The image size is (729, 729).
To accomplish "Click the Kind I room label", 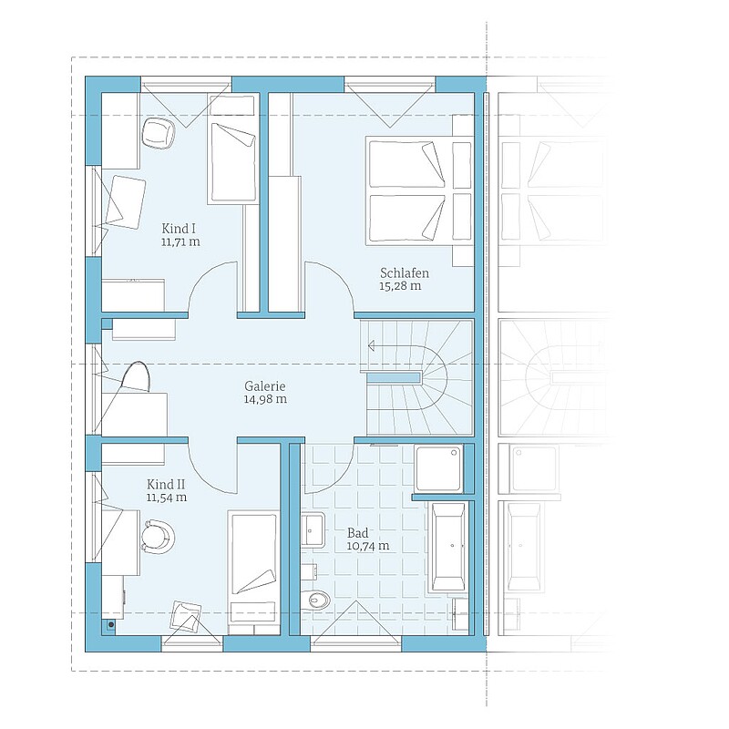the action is click(x=179, y=229).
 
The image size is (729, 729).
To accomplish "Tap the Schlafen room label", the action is click(x=405, y=272).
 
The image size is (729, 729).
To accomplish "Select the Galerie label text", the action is click(x=265, y=385).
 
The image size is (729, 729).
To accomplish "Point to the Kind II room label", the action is click(x=166, y=485).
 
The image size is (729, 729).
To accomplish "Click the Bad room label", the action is click(x=357, y=533).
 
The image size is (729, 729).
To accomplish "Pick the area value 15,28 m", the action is click(x=400, y=286).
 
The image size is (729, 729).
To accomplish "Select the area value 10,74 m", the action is click(x=368, y=546).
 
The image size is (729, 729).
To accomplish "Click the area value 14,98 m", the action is click(x=265, y=399).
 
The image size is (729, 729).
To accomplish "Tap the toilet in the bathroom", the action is click(x=315, y=600).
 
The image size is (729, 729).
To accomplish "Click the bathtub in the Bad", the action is click(x=448, y=547).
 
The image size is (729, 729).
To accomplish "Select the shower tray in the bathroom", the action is click(x=439, y=468).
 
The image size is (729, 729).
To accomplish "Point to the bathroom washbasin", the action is click(x=313, y=529).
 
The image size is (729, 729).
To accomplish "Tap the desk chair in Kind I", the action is click(x=158, y=132).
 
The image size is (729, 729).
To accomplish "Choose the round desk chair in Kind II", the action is click(x=158, y=537).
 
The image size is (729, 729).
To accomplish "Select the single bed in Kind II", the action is click(x=253, y=573).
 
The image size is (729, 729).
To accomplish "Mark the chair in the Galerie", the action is click(x=136, y=376).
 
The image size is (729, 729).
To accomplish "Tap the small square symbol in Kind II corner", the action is click(x=110, y=625).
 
